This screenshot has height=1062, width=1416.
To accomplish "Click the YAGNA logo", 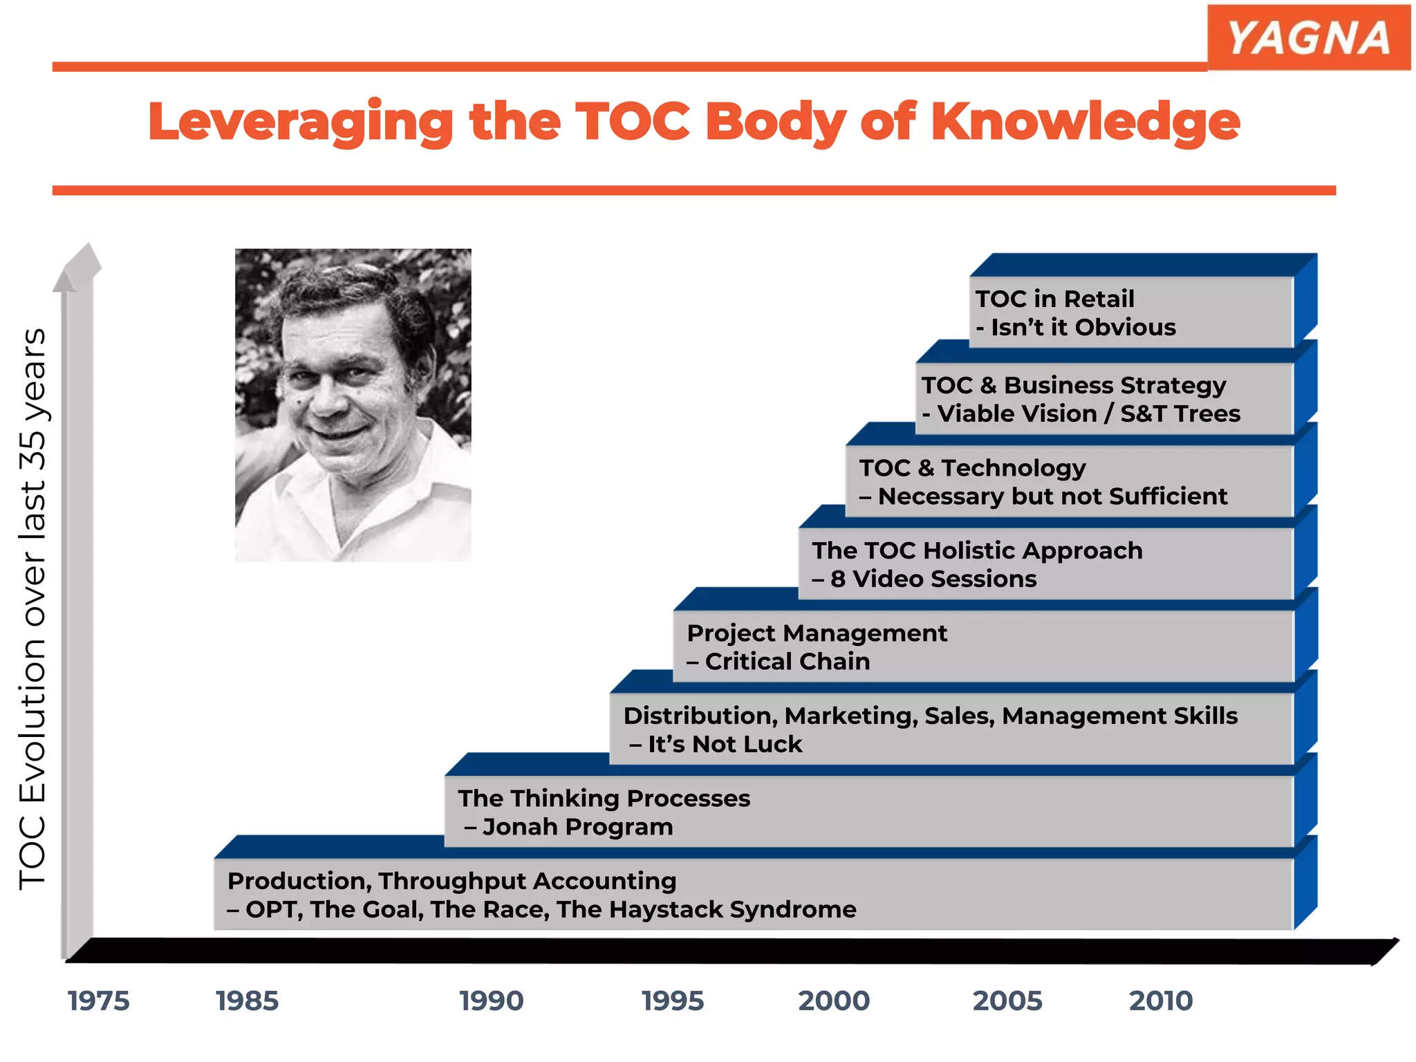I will tap(1308, 37).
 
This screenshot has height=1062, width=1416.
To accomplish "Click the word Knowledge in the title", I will tap(1086, 122).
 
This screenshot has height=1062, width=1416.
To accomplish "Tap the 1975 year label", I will tap(98, 1001).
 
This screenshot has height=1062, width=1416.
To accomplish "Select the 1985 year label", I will tap(247, 1001).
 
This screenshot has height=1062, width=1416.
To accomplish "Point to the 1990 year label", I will tap(492, 1001).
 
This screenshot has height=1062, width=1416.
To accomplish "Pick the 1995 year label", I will tap(673, 1001).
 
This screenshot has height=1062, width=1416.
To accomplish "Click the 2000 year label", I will tap(834, 1001).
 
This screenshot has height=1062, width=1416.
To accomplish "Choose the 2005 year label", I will tap(1007, 1001).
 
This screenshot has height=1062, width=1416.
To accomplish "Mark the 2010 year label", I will tap(1161, 1001).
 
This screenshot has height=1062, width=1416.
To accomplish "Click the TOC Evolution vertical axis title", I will tap(32, 608).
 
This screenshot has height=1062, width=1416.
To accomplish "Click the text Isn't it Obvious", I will tap(1083, 327).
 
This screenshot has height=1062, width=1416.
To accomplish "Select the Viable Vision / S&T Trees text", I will tap(1088, 413).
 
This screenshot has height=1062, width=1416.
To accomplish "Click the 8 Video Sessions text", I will tap(933, 579).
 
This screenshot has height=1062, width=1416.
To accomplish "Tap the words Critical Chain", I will tap(787, 662).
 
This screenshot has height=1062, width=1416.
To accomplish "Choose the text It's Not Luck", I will tap(725, 744).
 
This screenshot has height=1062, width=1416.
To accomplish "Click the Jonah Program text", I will tap(577, 827).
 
